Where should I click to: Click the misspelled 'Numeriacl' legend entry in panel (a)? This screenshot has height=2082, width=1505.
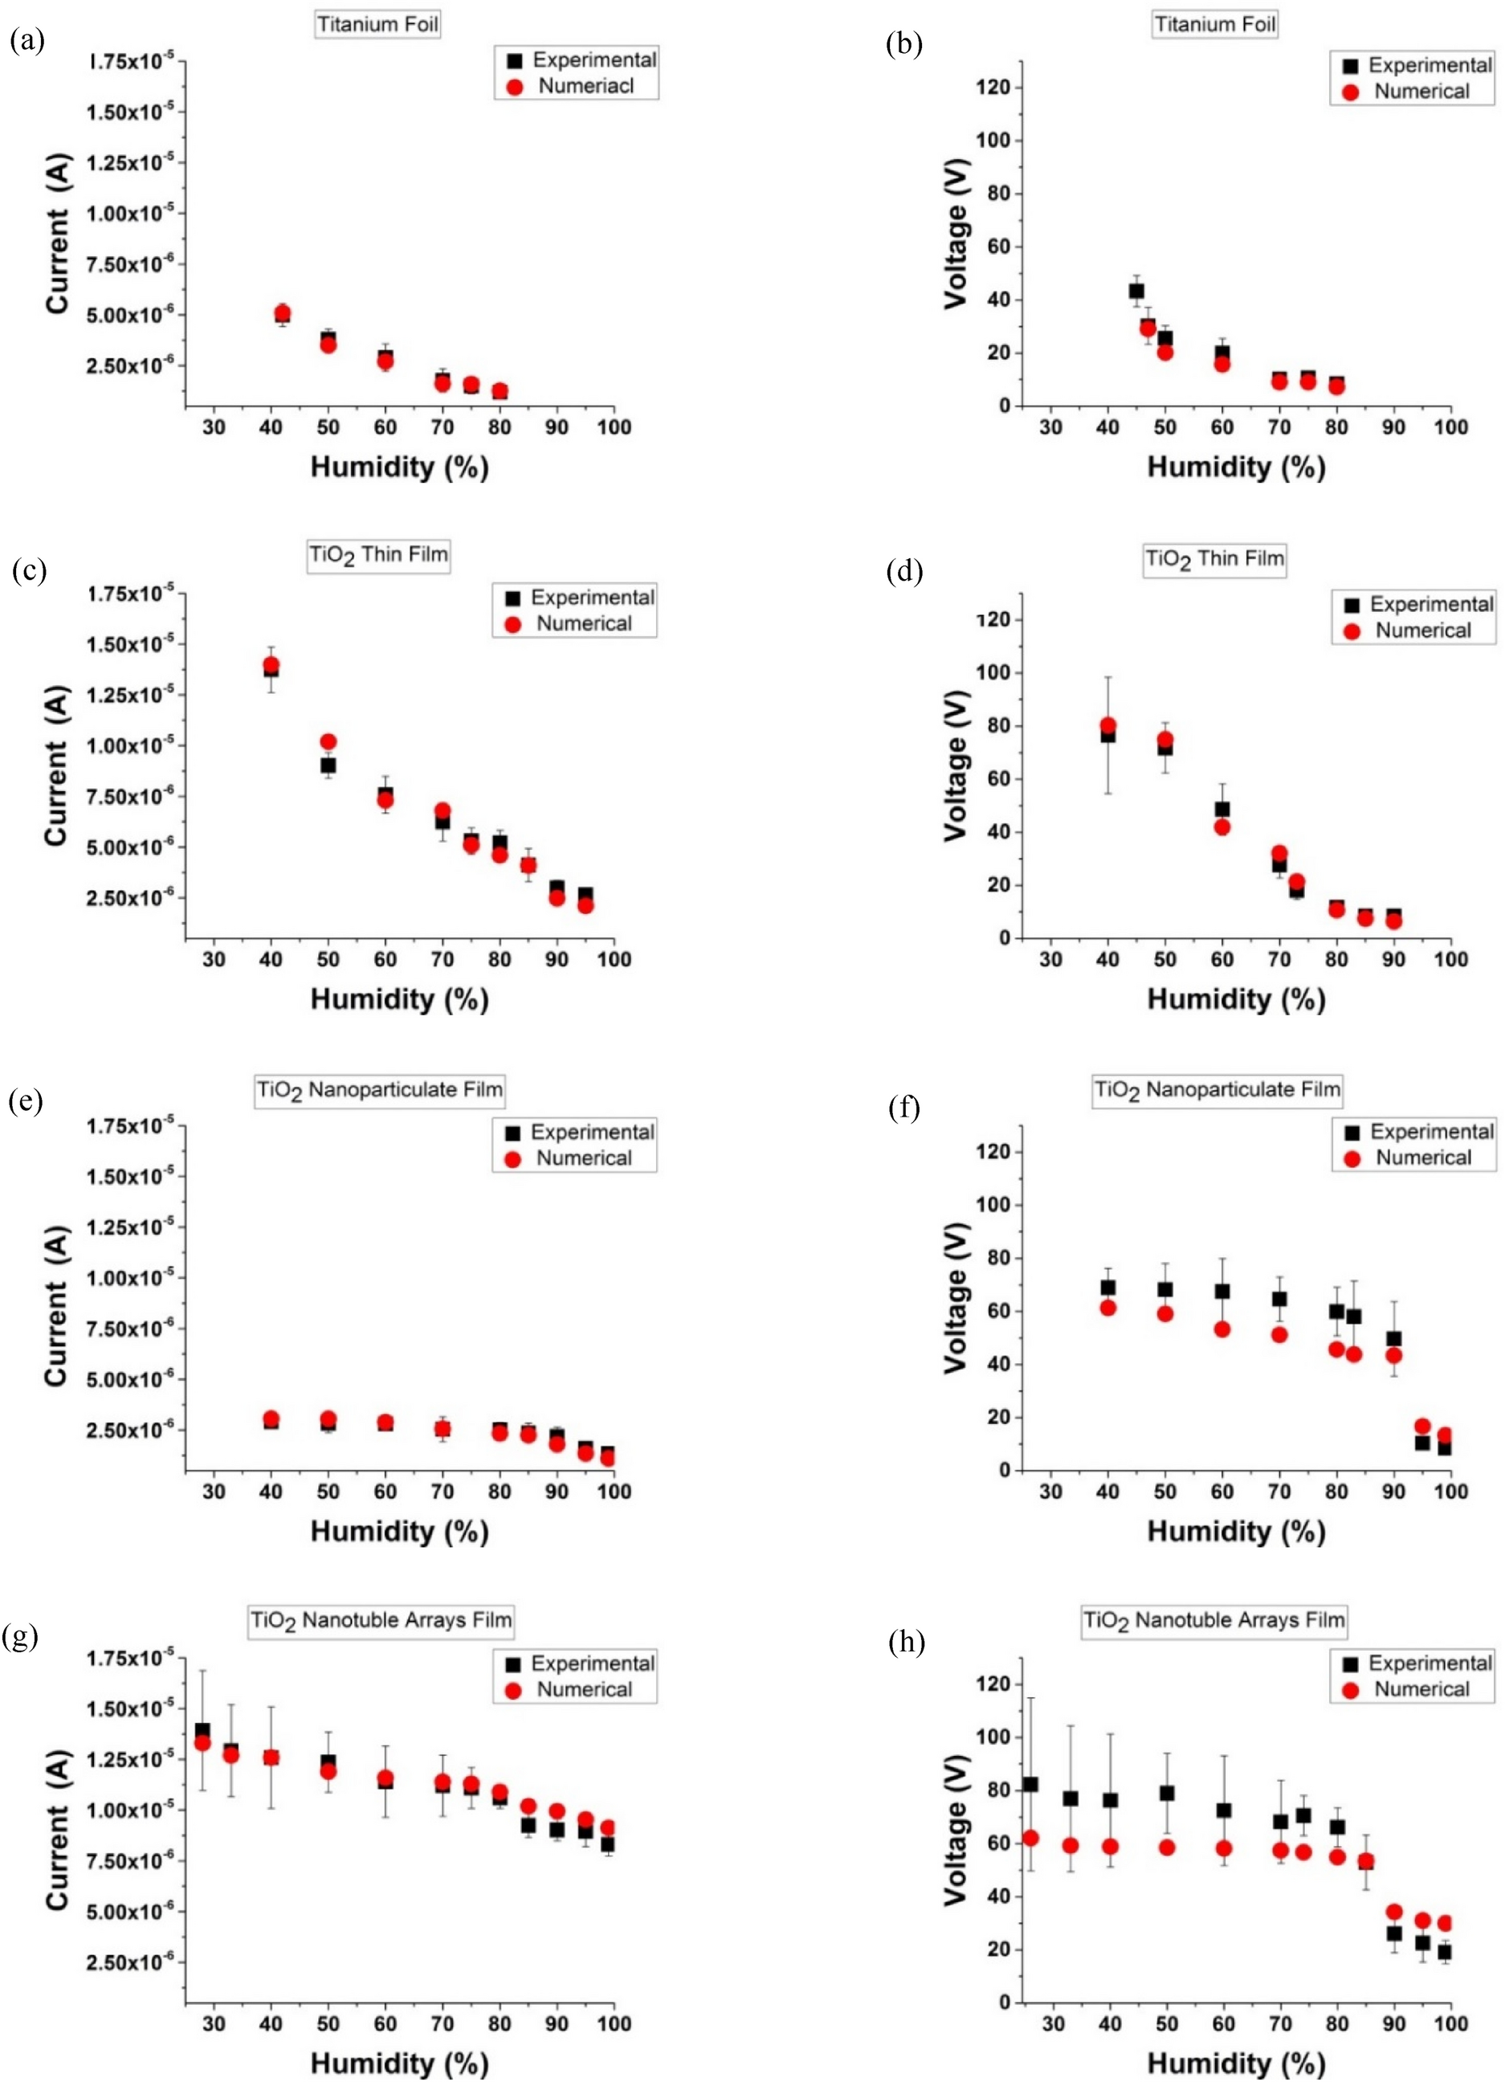[x=585, y=86]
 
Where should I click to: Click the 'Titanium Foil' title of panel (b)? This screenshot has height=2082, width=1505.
[x=1214, y=25]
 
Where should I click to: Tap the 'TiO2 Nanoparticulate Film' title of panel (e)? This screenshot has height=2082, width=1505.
[x=379, y=1090]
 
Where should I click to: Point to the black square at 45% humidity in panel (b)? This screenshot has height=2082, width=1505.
[x=1136, y=291]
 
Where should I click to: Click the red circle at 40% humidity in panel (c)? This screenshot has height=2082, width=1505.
[x=271, y=664]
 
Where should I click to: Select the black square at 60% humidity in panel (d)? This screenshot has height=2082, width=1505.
[x=1222, y=809]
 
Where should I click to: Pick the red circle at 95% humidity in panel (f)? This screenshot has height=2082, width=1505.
[x=1422, y=1426]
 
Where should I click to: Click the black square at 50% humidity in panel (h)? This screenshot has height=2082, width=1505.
[x=1166, y=1792]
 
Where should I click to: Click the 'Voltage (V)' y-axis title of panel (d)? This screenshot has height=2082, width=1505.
[x=957, y=765]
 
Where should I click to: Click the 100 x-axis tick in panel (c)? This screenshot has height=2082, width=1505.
[x=613, y=959]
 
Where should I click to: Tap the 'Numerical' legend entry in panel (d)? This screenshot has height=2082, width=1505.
[x=1421, y=631]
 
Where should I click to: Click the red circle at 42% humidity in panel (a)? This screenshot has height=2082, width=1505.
[x=283, y=313]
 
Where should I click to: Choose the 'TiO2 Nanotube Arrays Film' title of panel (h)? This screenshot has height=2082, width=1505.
[x=1214, y=1620]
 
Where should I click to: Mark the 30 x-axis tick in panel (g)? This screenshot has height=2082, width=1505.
[x=213, y=2023]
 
